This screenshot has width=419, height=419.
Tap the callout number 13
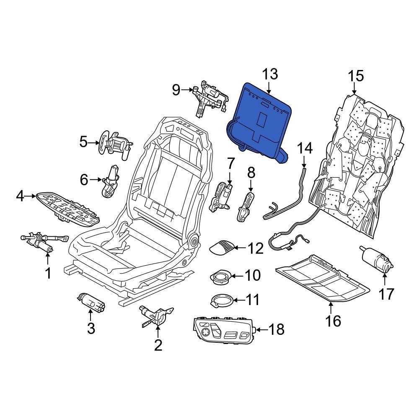tap(270, 75)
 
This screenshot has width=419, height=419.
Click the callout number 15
tap(356, 76)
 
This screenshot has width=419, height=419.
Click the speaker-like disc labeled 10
tap(220, 277)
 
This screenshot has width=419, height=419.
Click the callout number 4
tap(20, 196)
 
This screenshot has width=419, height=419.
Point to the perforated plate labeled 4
tap(69, 208)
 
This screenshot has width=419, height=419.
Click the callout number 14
tap(305, 148)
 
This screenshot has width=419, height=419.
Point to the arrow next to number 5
tap(94, 142)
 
